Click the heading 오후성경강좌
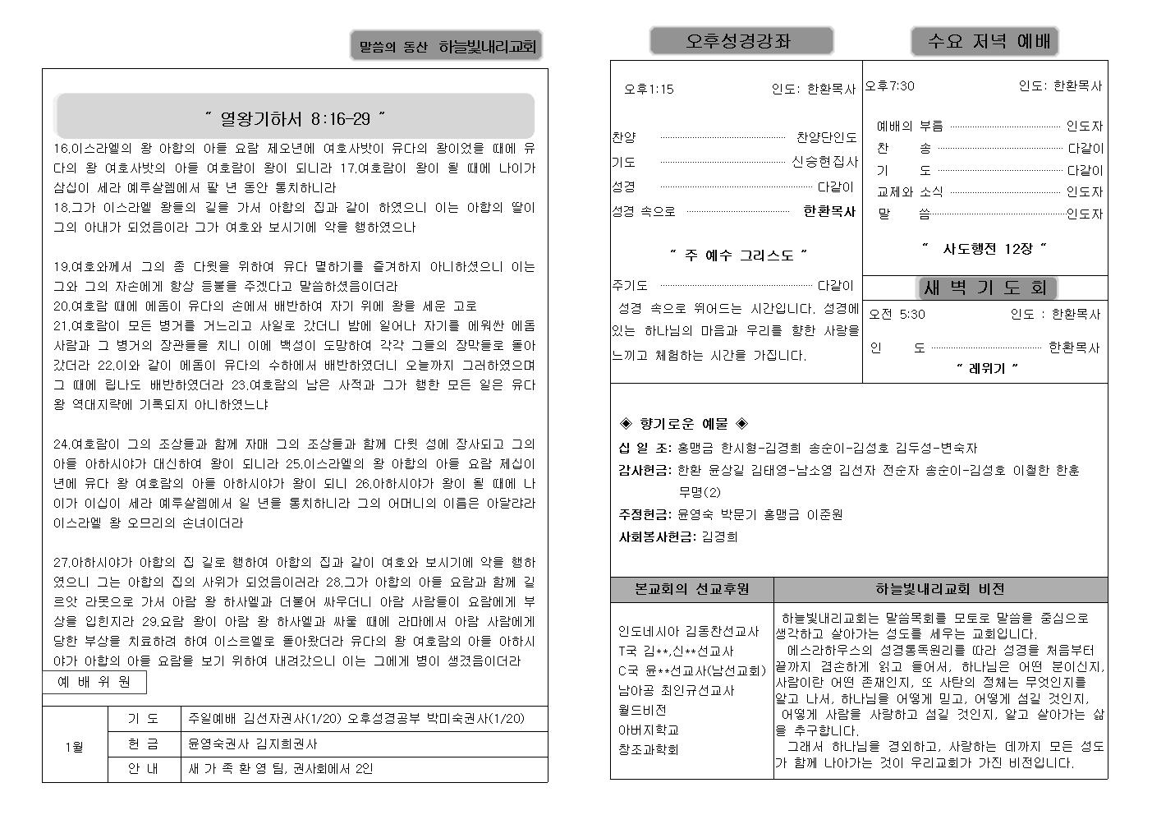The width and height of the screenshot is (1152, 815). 741,41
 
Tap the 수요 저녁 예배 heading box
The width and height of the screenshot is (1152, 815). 984,41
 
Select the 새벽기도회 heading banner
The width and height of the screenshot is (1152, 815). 985,288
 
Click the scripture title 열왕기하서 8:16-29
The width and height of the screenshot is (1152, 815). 295,119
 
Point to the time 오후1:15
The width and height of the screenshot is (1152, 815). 649,89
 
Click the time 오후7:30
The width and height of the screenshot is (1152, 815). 890,85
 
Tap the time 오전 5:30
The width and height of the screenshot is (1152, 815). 897,314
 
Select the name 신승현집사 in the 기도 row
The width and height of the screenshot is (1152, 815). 824,162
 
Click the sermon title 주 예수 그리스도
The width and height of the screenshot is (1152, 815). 739,255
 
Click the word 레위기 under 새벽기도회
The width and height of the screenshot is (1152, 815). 986,368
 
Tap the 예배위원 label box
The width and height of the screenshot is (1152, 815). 94,682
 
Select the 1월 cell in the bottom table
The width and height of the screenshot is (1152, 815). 74,747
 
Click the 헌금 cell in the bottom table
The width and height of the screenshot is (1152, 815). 144,744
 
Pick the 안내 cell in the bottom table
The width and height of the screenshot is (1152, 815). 144,769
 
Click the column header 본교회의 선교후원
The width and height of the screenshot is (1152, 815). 691,589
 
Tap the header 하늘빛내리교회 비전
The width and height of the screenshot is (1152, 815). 940,589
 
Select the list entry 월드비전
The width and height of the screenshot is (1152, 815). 642,710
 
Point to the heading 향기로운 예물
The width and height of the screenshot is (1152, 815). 683,424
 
